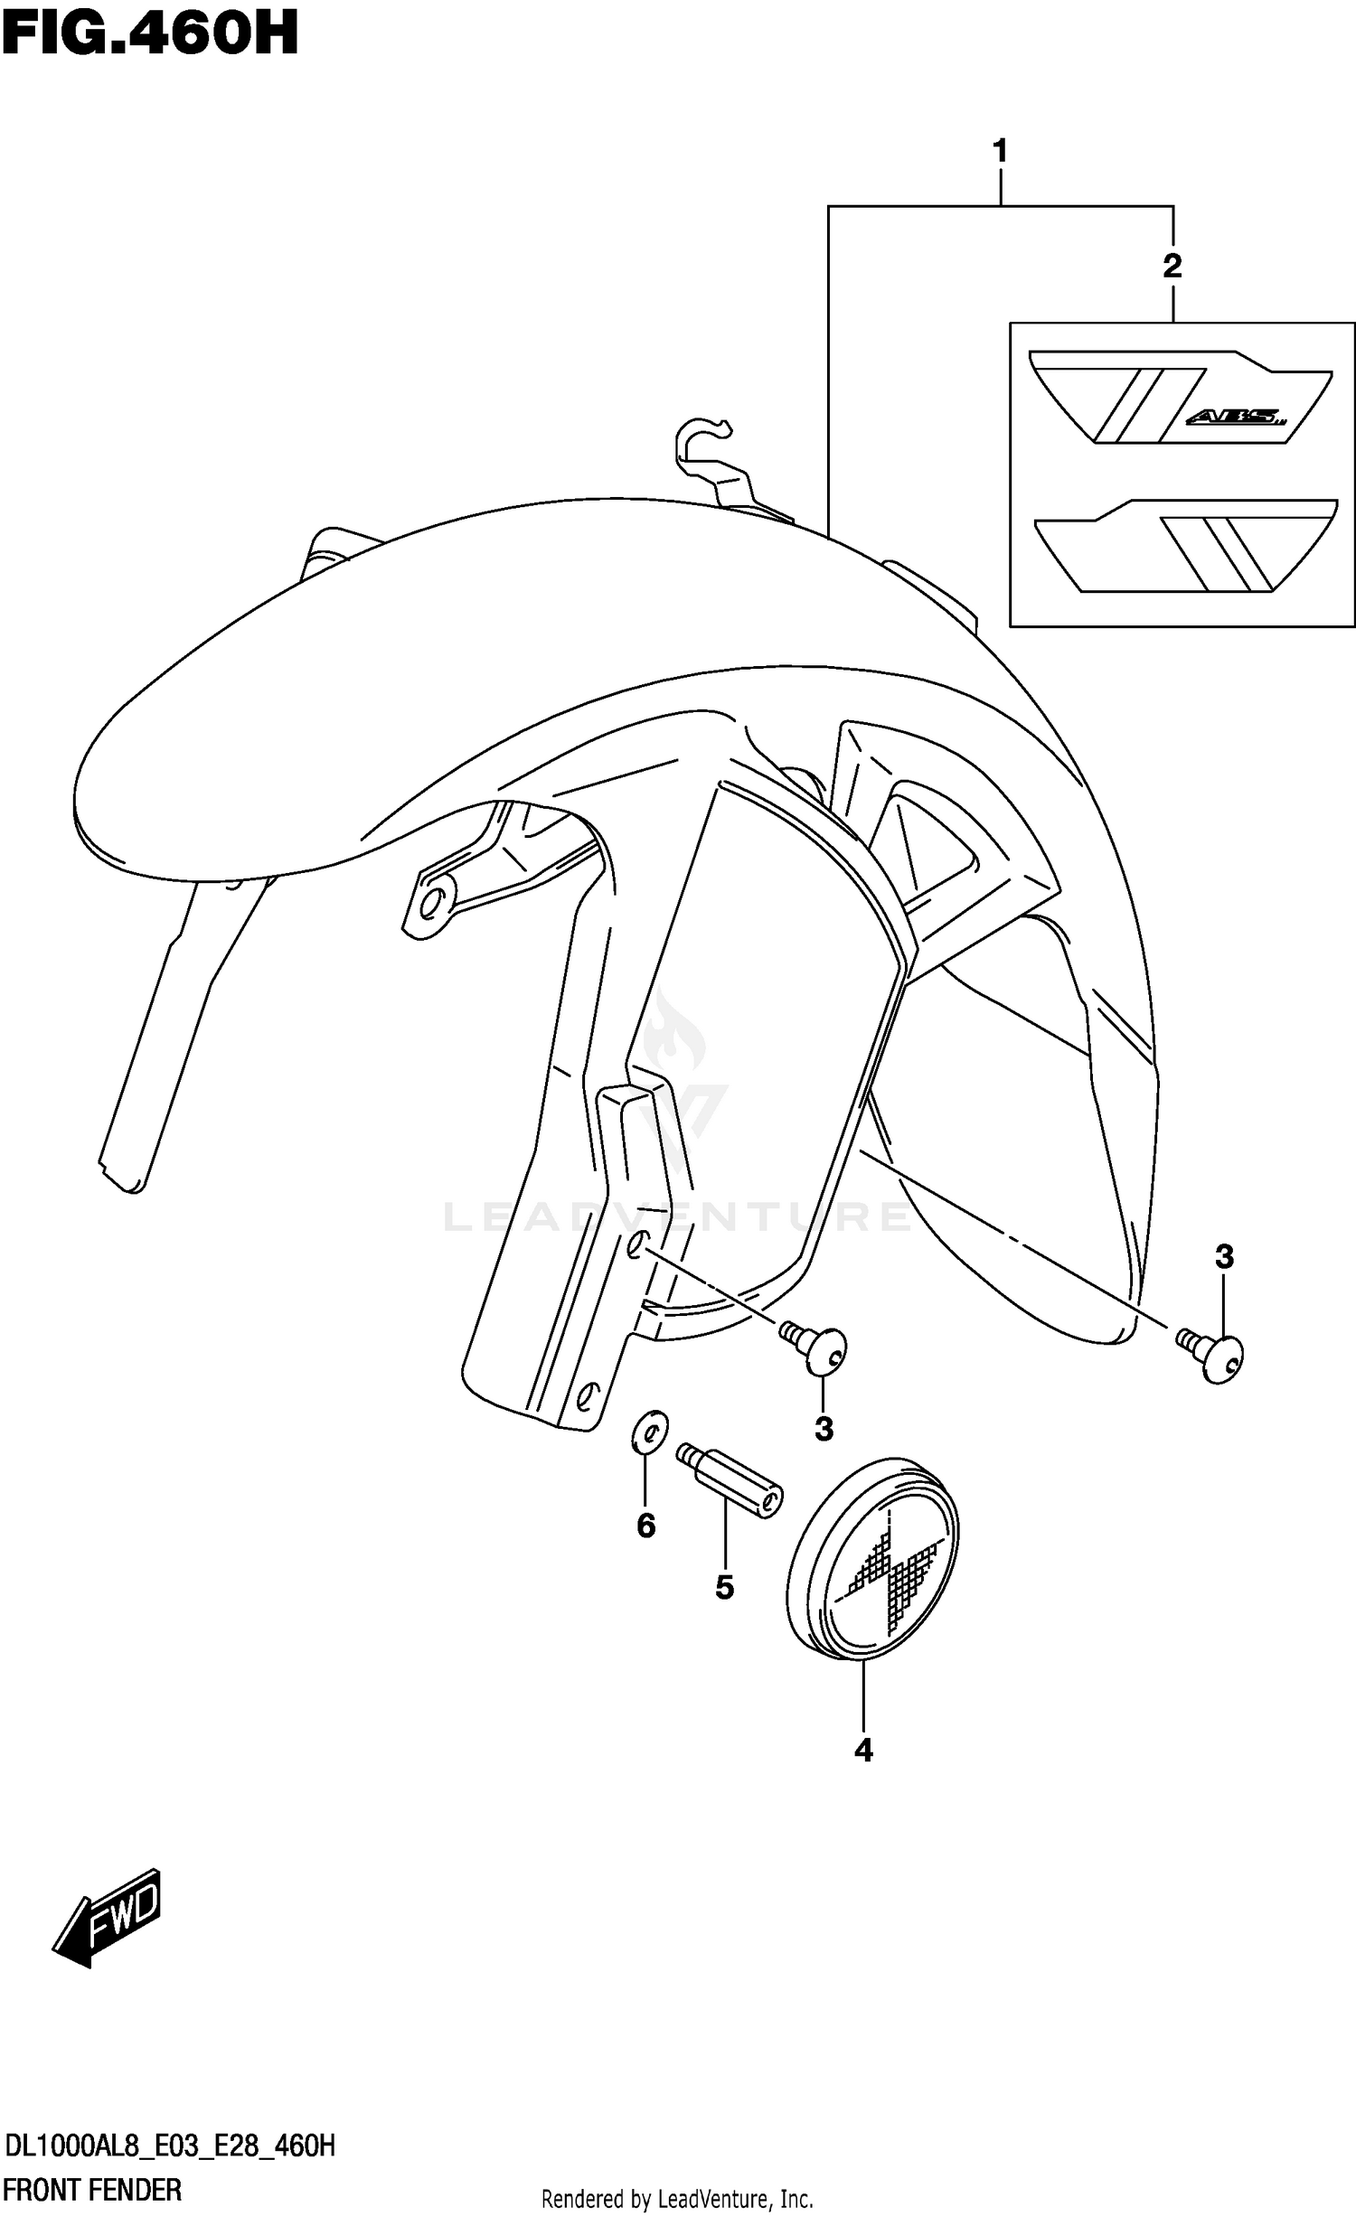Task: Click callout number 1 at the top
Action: (x=1000, y=151)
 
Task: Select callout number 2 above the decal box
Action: (x=1172, y=266)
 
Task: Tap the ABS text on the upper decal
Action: (x=1235, y=418)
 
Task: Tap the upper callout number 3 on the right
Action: (x=1224, y=1256)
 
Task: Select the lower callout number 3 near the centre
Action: (x=824, y=1429)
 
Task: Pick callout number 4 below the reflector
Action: (x=863, y=1751)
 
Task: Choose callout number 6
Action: (x=645, y=1526)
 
